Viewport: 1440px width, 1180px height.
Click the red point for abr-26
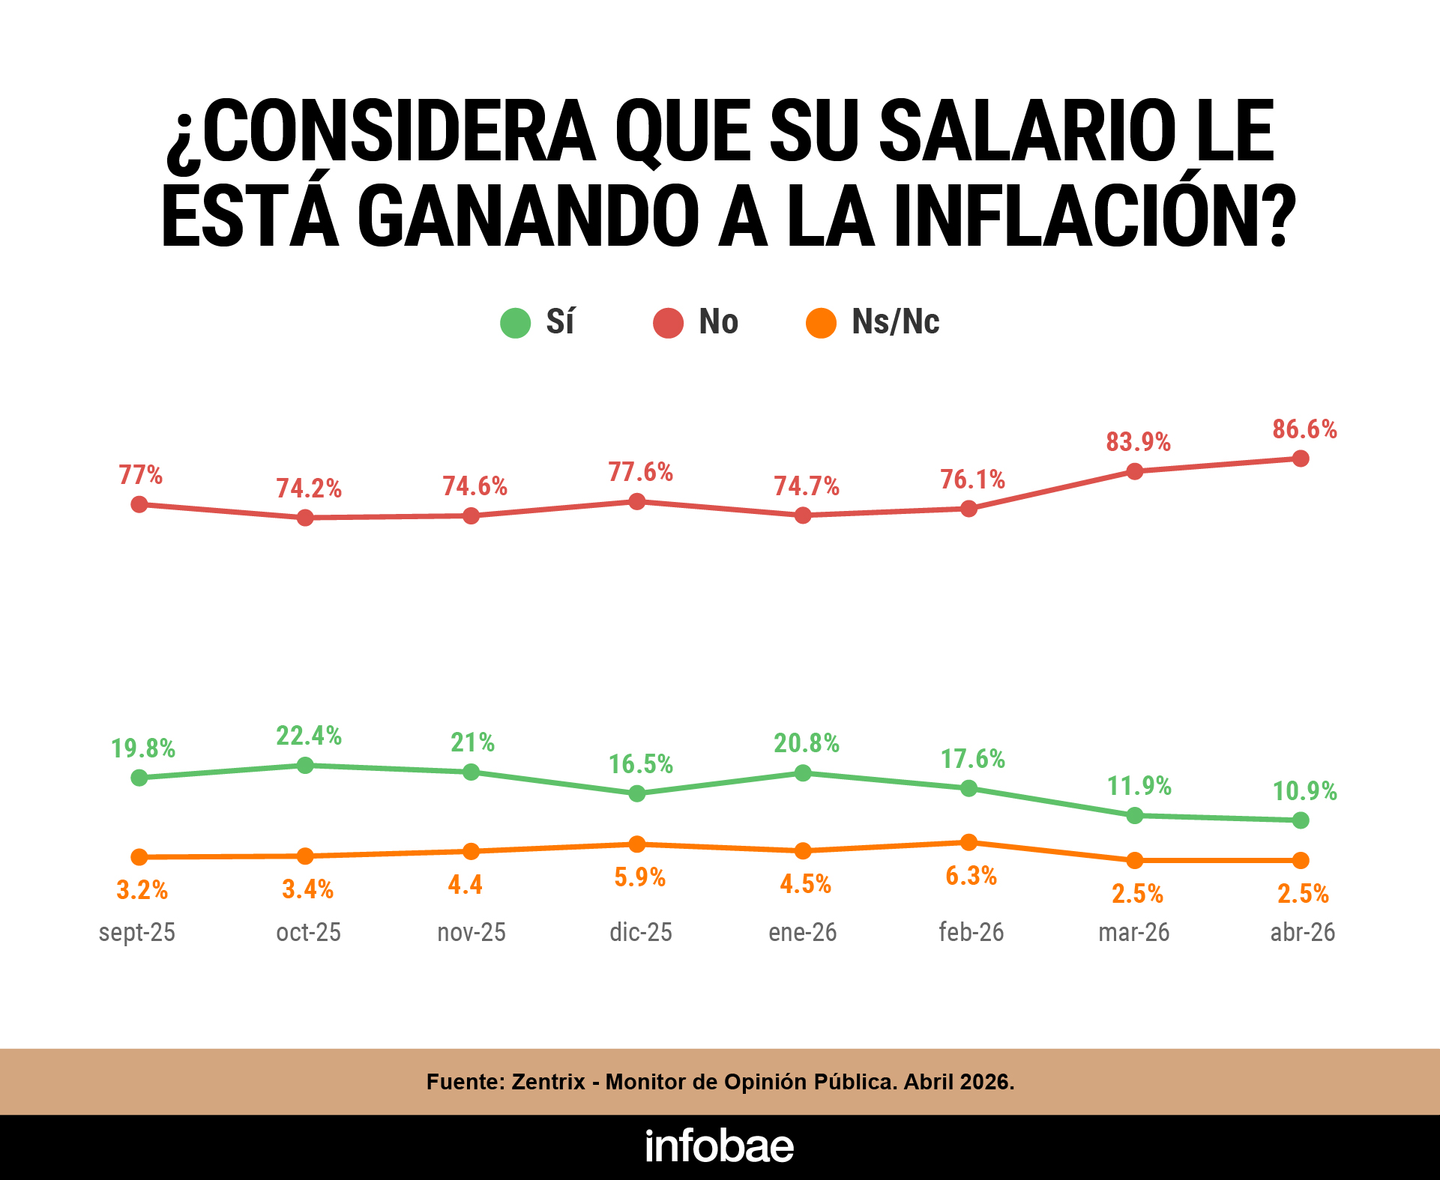(x=1301, y=458)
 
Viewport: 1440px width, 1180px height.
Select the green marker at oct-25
(x=305, y=765)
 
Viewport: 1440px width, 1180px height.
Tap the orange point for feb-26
(x=968, y=842)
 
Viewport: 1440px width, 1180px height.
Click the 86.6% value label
(x=1304, y=429)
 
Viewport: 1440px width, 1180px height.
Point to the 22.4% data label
(x=309, y=736)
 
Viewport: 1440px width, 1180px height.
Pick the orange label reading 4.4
(x=465, y=885)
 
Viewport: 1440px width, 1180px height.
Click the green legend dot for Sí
(x=516, y=323)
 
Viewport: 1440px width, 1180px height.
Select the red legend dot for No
(x=668, y=323)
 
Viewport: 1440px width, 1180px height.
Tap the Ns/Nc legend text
(x=895, y=322)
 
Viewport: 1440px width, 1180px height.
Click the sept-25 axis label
(x=137, y=932)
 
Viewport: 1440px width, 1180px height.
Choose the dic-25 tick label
(x=641, y=932)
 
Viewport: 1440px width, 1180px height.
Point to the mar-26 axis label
(x=1133, y=932)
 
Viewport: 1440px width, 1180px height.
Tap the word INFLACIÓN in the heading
(x=1094, y=217)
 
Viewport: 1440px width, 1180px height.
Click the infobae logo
(x=720, y=1146)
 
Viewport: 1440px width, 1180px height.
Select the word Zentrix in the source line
(x=548, y=1082)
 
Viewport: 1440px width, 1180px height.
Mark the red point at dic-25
(x=636, y=501)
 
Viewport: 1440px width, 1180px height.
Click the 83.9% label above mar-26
(x=1138, y=442)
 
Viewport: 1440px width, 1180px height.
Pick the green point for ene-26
(x=803, y=772)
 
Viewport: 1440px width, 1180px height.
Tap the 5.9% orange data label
(x=639, y=877)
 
